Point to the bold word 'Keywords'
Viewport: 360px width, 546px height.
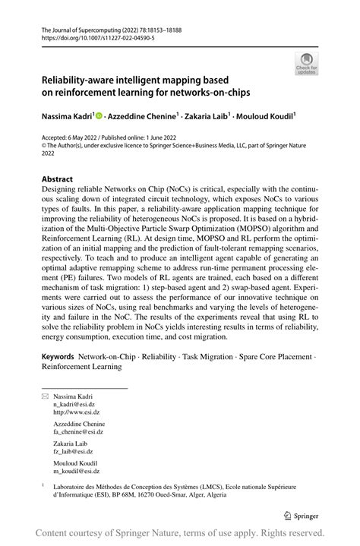coord(57,355)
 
